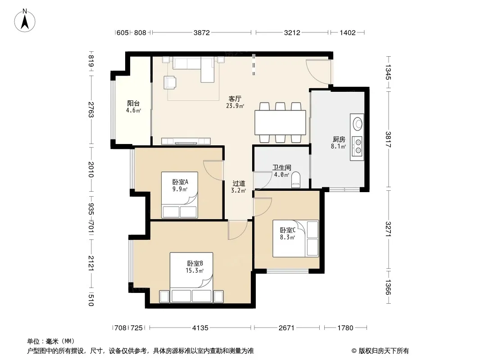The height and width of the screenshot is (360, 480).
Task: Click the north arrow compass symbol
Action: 25,21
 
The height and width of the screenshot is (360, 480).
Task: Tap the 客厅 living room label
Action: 235,99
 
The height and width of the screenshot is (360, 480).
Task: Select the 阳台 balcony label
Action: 133,103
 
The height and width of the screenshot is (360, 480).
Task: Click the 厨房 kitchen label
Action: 339,139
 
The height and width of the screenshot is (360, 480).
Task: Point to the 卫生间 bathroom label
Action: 281,167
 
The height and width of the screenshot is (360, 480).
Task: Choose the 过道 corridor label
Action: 239,184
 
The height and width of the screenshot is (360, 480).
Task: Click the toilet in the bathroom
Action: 296,180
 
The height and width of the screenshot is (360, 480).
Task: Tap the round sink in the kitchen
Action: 358,124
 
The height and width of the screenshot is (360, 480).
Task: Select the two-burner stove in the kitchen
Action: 358,146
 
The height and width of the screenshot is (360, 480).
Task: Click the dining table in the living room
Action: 280,122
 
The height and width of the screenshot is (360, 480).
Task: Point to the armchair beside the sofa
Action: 170,82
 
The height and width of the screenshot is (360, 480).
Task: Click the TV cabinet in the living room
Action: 186,141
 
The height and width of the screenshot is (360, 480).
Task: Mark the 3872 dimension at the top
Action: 201,32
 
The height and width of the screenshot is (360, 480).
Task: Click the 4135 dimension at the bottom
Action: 200,328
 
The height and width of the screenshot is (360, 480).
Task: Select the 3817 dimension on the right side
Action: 388,139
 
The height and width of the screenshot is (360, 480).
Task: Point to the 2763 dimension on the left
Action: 91,110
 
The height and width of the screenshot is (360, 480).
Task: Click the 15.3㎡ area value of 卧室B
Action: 195,271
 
